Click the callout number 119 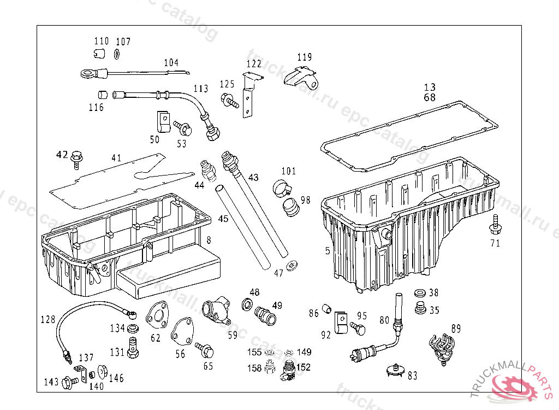305,57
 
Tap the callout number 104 171,63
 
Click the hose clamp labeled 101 282,189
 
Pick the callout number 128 48,319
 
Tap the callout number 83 412,376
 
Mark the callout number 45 223,219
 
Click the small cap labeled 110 98,53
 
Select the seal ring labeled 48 247,304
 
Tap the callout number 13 430,87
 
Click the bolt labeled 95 358,327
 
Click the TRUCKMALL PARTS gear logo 514,386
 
